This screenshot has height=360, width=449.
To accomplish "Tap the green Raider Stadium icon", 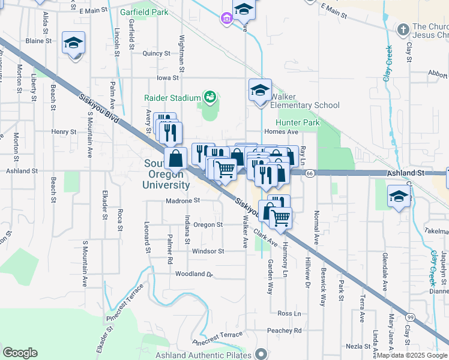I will pos(209,96).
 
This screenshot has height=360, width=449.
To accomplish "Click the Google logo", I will pos(20,353).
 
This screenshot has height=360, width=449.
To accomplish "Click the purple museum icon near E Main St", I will pos(226,20).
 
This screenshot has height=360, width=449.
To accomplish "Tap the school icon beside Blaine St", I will pos(74,43).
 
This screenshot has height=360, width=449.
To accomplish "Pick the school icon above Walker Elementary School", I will pos(260,91).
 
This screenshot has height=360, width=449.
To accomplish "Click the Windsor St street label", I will pos(208,251).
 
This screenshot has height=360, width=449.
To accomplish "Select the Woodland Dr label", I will pos(194,274).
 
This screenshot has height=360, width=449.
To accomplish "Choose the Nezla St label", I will pos(358,346).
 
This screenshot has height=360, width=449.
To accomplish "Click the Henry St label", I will pos(64,131).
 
